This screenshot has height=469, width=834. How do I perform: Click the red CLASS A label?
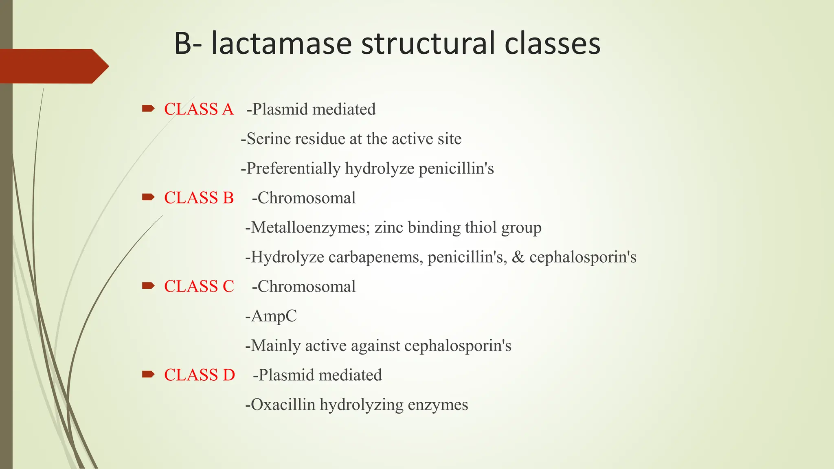(199, 109)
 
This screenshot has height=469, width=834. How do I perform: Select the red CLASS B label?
(199, 198)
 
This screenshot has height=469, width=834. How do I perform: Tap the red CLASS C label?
(199, 287)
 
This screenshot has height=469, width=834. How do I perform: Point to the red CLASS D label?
(200, 375)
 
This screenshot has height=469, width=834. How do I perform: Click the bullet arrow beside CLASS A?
(148, 108)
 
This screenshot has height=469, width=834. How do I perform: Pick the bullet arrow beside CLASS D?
(148, 374)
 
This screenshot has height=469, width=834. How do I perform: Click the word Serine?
(269, 139)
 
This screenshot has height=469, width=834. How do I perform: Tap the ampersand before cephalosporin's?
(518, 257)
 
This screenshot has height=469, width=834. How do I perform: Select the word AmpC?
(274, 316)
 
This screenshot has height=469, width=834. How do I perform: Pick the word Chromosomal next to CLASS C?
(306, 287)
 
